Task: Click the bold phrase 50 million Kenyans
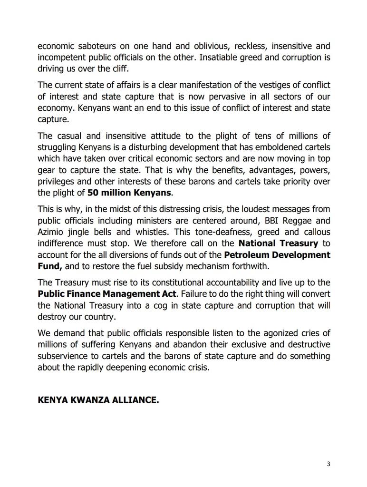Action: click(x=129, y=193)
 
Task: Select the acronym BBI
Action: click(x=245, y=221)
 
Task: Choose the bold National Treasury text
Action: click(x=278, y=243)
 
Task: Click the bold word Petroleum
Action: click(x=248, y=255)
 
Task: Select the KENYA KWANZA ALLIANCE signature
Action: click(x=98, y=400)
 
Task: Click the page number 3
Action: click(x=328, y=464)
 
